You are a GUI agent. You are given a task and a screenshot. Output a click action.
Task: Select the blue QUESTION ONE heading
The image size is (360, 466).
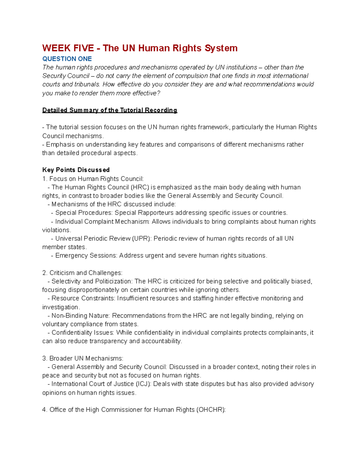tap(67, 59)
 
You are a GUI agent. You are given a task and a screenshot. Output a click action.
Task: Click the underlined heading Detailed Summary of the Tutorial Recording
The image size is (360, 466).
tap(110, 110)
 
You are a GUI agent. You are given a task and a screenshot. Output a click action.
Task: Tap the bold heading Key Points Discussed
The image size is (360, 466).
tap(76, 170)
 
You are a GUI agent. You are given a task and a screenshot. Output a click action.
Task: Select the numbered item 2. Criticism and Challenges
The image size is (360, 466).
tap(82, 273)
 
